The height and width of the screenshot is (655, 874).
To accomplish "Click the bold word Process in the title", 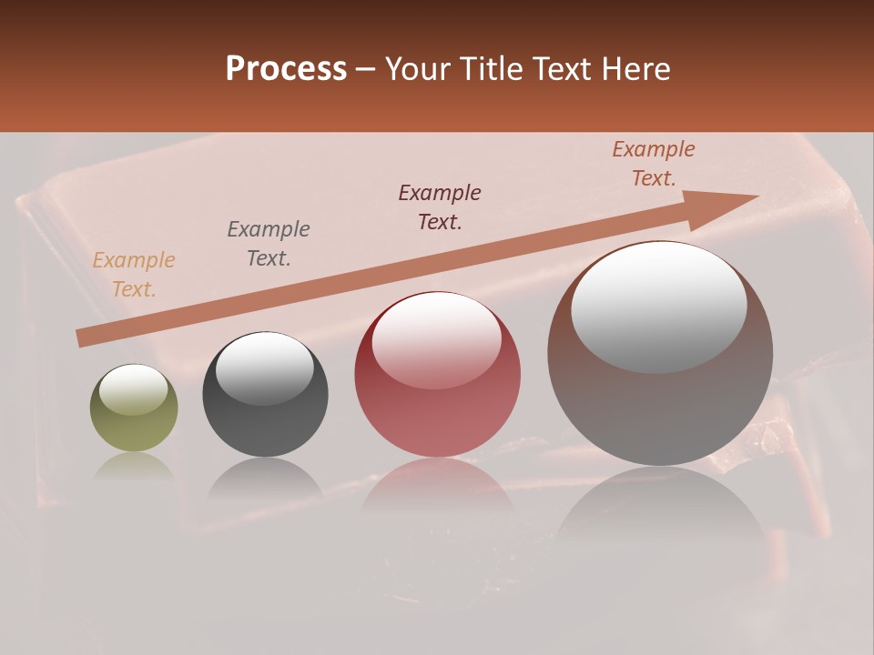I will point(286,69).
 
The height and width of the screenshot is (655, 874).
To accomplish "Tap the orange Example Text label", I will point(134,275).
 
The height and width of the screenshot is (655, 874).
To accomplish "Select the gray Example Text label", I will point(269,244).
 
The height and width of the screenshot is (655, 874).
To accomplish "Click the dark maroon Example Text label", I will point(440,207).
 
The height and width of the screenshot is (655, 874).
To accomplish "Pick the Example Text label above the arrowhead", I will point(654,164).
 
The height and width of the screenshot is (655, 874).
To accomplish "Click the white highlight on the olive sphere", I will point(133,389).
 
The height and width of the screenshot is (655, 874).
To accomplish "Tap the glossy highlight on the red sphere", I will point(436,339).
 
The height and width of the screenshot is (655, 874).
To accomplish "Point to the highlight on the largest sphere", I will point(659,307).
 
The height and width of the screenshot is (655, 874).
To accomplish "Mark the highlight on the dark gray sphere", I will point(264,367).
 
